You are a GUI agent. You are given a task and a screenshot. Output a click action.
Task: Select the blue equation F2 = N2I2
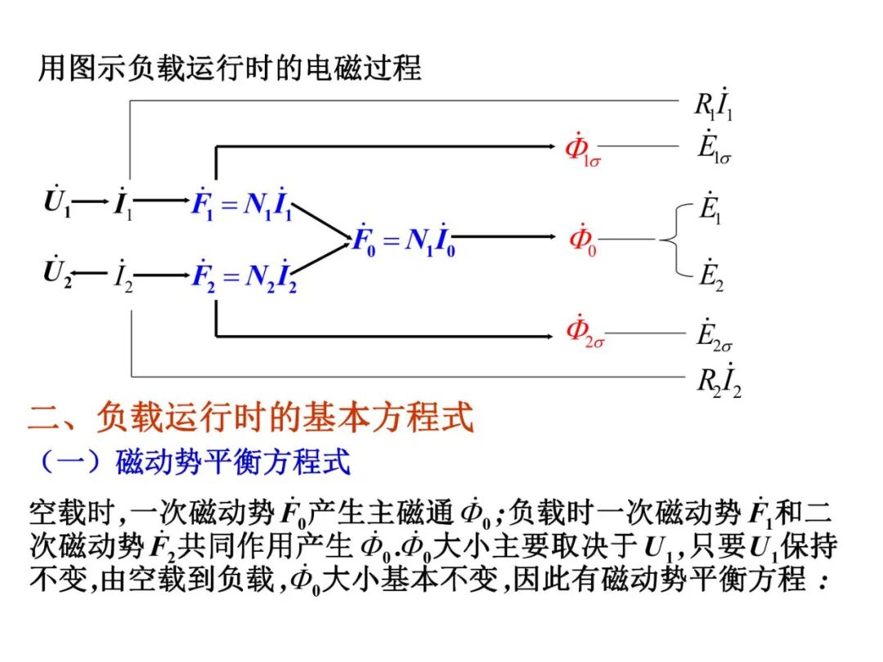(243, 274)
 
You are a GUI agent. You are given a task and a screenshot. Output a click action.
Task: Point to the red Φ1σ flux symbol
(583, 150)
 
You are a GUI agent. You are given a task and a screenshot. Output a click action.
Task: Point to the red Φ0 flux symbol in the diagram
(582, 239)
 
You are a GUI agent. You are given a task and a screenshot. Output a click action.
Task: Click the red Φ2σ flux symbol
(585, 333)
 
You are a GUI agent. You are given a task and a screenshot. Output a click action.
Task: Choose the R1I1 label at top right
(713, 105)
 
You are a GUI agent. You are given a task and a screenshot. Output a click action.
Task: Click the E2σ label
(715, 333)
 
